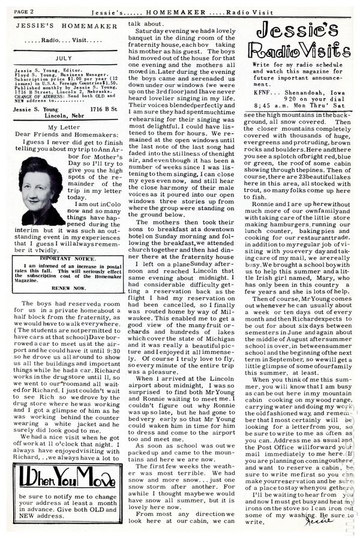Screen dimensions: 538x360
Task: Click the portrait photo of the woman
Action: (x=40, y=192)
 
